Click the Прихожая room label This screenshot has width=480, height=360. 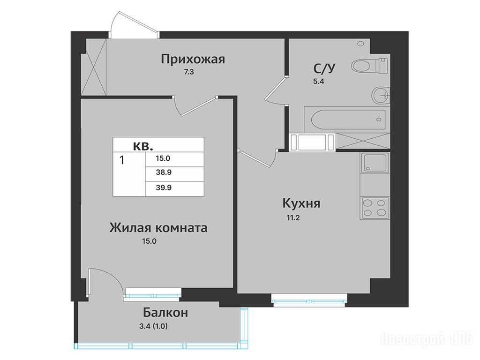(x=193, y=59)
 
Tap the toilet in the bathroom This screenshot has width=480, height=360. (x=370, y=65)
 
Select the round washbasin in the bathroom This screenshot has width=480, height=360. (x=381, y=95)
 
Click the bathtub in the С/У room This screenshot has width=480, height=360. (x=347, y=120)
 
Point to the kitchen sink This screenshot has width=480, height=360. (x=375, y=163)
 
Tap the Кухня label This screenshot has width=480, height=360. (x=301, y=203)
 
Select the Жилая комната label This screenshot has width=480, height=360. (x=158, y=228)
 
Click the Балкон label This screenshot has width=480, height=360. (x=165, y=313)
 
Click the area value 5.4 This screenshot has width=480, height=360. (x=318, y=81)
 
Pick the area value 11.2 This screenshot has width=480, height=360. (x=293, y=217)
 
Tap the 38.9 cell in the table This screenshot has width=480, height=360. (x=164, y=172)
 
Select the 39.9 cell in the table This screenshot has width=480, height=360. (x=164, y=187)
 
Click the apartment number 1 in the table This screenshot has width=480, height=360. (x=122, y=160)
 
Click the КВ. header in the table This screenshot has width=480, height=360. (x=143, y=146)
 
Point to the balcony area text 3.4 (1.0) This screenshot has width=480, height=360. (x=153, y=326)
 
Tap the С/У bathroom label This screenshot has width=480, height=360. (x=324, y=68)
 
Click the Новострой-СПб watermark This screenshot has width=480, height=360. (x=427, y=339)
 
